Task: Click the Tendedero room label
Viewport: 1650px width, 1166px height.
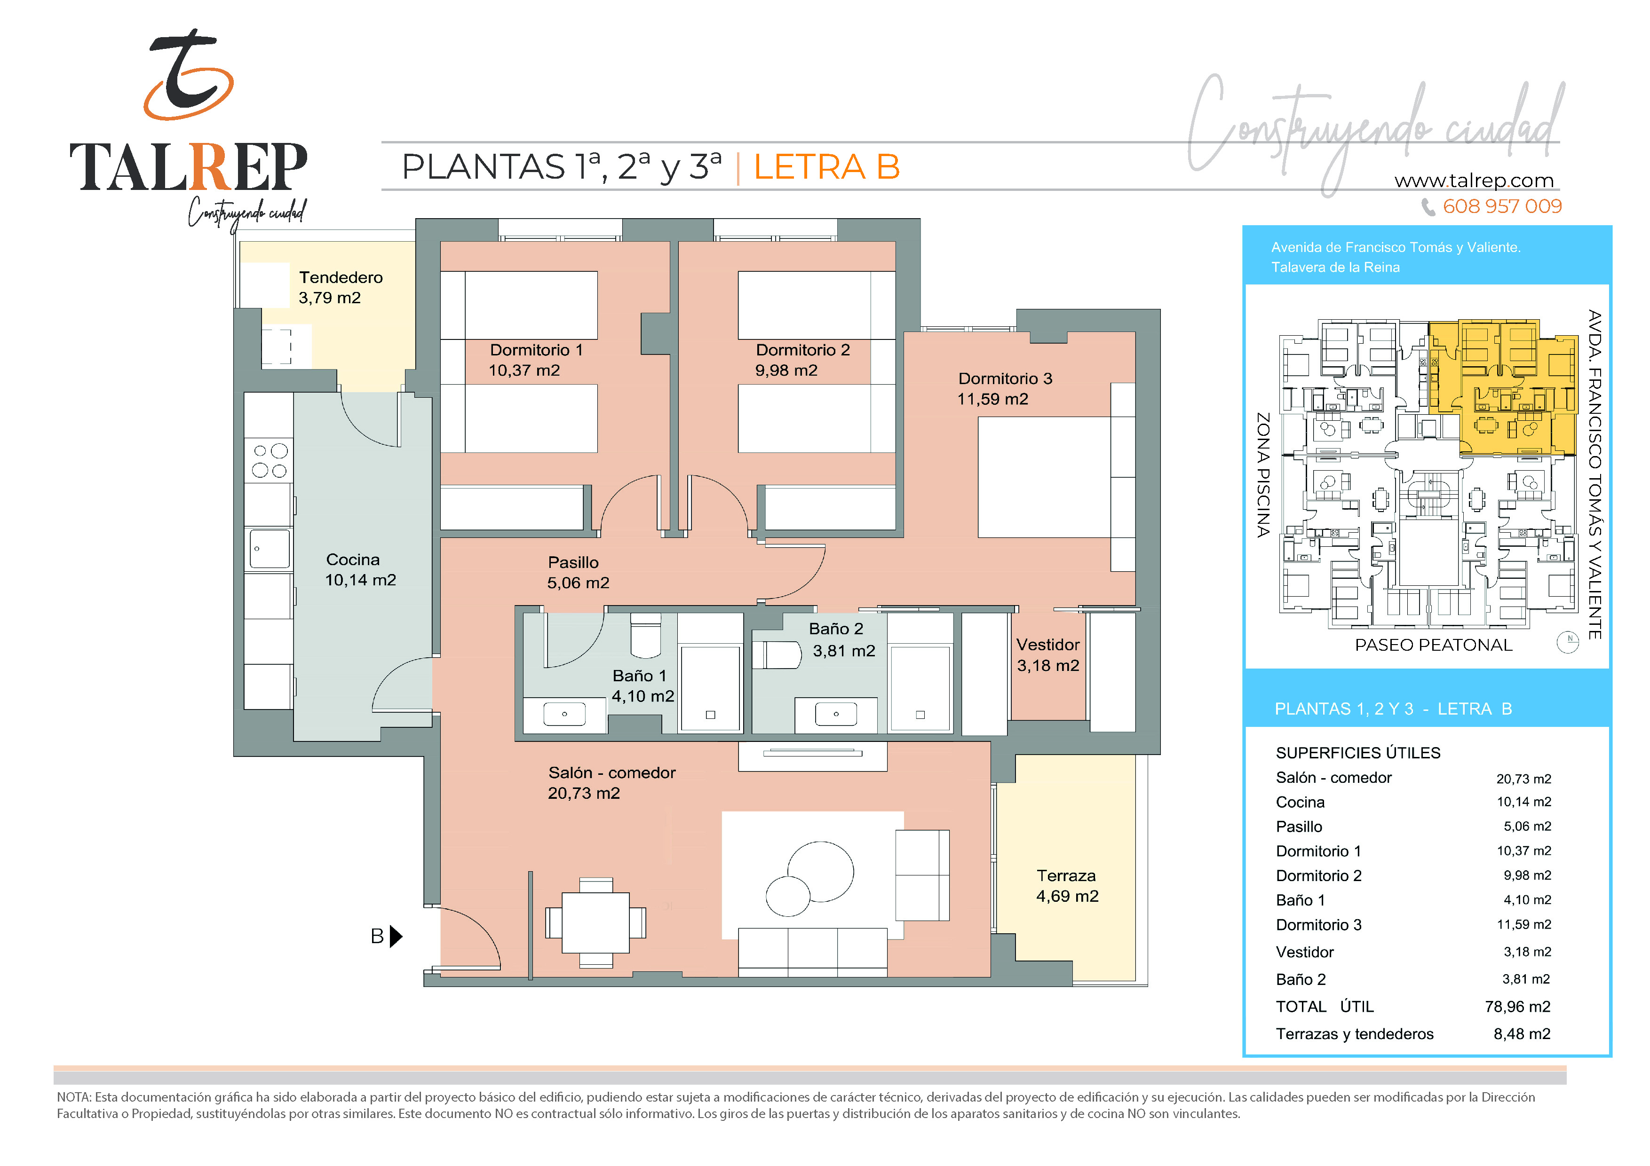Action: (x=341, y=277)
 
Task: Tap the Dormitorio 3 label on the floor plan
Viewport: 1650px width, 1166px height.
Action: (x=1005, y=378)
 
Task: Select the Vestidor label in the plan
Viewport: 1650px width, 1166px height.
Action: (x=1048, y=645)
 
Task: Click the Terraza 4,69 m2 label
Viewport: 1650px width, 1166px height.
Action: (x=1067, y=886)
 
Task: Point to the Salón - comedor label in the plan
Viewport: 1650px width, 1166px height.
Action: (x=611, y=773)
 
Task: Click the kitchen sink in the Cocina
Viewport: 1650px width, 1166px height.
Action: (x=270, y=548)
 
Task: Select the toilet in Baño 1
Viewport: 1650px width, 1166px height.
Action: (x=645, y=635)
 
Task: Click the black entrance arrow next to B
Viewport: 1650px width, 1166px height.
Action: (x=396, y=936)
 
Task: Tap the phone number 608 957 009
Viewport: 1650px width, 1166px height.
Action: (x=1502, y=207)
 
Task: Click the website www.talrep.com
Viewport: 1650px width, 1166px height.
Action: (x=1474, y=181)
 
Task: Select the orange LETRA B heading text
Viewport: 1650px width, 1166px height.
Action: (x=826, y=167)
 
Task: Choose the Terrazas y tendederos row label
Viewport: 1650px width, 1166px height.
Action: (x=1355, y=1034)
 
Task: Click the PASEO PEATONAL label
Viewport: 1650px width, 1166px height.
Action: (x=1434, y=645)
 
